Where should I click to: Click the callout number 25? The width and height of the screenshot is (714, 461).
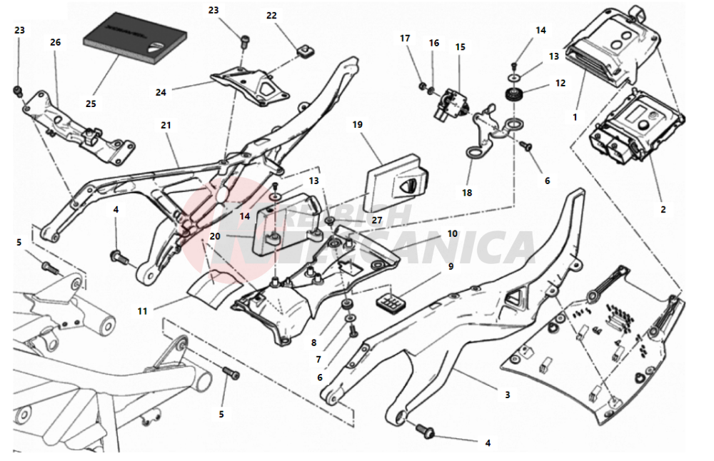coord(91,103)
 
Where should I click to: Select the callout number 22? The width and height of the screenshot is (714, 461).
coord(271,16)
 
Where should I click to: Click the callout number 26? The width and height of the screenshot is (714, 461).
coord(56,42)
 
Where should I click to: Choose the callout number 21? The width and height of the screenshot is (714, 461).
coord(166,126)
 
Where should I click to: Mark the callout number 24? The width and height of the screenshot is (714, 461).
coord(161,91)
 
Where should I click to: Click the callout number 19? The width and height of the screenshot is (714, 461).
coord(358,124)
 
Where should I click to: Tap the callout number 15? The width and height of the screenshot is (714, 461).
coord(461,47)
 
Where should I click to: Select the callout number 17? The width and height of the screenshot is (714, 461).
coord(405,38)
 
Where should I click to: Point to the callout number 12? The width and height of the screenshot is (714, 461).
coord(560,83)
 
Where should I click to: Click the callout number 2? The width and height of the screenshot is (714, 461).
coord(663,210)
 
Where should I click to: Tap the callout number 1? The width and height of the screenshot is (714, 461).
coord(575,116)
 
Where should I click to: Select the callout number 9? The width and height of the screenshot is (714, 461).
coord(451,266)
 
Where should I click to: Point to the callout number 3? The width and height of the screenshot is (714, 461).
coord(507,394)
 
